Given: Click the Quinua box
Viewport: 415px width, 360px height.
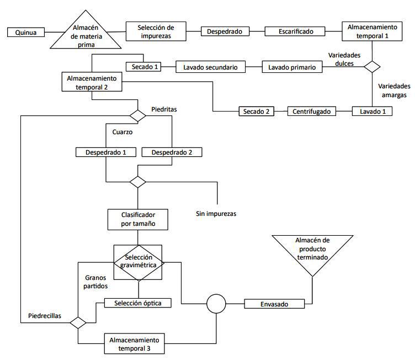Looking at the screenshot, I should [26, 33].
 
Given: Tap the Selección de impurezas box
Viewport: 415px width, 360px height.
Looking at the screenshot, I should [156, 31].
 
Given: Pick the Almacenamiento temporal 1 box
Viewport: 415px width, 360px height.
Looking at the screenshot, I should [371, 31].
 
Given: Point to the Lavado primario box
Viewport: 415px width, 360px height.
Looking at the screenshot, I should [292, 67].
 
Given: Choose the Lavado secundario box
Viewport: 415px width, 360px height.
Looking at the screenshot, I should [210, 67].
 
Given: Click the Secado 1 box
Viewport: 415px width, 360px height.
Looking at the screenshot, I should [146, 67].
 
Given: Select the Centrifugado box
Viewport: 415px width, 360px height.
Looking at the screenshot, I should [311, 111].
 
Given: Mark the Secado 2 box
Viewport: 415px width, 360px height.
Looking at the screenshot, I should [256, 111].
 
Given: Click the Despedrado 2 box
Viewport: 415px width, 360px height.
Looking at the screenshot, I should [172, 152].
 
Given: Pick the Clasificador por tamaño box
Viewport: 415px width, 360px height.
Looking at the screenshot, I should [138, 219].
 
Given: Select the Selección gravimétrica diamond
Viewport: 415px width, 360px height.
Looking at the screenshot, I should [138, 261].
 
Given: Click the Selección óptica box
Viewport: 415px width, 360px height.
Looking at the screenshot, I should [138, 303].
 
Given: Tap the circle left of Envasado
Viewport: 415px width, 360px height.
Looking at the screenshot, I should [216, 303].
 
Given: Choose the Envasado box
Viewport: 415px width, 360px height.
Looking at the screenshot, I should [274, 304].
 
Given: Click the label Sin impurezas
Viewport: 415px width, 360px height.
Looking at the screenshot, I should [216, 213].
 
